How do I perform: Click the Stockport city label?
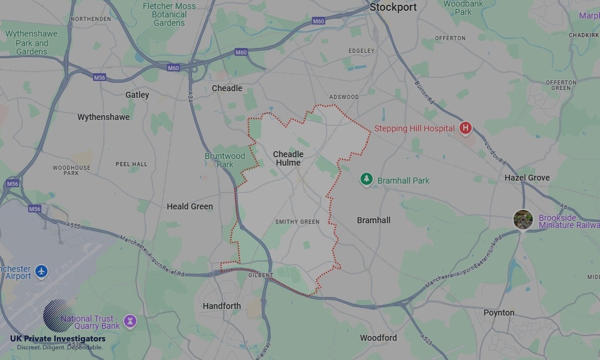pos(393,8)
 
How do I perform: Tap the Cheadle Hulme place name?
pos(288,158)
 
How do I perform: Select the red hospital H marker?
pos(465,128)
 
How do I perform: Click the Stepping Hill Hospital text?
pos(414,129)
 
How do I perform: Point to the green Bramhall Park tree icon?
pos(366,179)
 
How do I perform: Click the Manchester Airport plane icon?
pos(41,271)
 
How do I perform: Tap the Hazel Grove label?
pos(527,178)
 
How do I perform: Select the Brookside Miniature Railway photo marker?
pos(523,219)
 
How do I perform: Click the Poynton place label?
pos(499,313)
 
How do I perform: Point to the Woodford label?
pos(378,338)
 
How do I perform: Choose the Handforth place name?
pos(221,306)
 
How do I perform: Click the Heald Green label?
pos(190,206)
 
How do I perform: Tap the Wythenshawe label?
pos(103,117)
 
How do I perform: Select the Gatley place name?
pos(137,95)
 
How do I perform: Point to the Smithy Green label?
pos(297,222)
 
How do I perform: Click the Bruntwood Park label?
pos(225,160)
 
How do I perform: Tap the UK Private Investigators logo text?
pos(58,339)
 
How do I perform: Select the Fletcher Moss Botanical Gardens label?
pos(169,14)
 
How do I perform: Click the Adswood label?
pos(344,97)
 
